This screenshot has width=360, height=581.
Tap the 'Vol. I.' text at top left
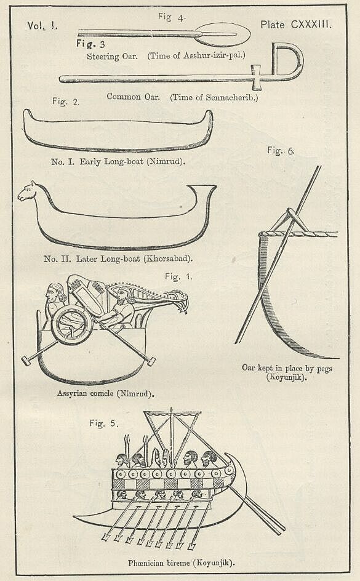pos(42,26)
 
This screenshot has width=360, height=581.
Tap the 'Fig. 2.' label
pos(66,102)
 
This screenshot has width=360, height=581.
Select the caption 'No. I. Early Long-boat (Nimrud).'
pos(118,161)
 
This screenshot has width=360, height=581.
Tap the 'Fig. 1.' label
pos(178,277)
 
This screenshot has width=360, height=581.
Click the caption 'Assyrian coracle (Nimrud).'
pos(106,393)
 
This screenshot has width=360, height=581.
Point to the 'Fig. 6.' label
pos(281,150)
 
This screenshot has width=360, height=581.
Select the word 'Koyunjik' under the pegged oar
pos(286,377)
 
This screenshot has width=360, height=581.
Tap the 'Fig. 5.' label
pos(104,423)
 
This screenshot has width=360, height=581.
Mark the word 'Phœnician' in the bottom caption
pos(145,563)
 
